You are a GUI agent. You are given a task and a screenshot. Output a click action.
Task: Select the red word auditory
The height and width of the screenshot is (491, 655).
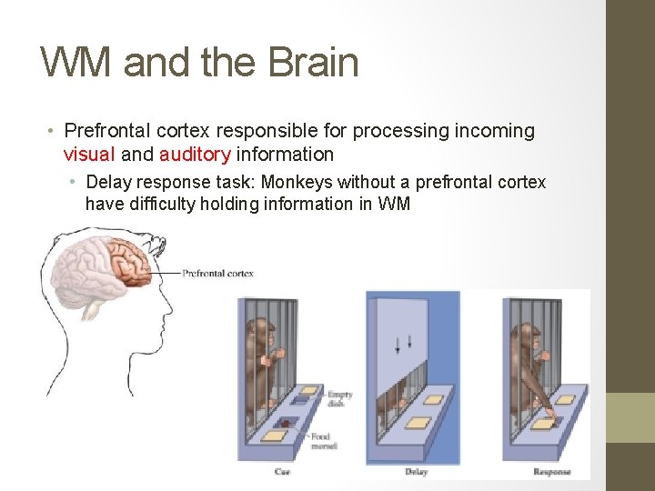pyautogui.click(x=195, y=155)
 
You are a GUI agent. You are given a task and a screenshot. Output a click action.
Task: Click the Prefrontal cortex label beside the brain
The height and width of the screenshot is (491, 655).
pyautogui.click(x=217, y=273)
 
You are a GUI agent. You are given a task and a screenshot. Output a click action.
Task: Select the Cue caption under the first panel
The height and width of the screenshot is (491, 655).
pyautogui.click(x=282, y=471)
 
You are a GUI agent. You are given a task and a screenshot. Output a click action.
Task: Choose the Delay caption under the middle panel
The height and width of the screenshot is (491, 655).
pyautogui.click(x=416, y=471)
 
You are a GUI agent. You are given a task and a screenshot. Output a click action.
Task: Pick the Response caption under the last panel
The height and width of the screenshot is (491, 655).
pyautogui.click(x=552, y=471)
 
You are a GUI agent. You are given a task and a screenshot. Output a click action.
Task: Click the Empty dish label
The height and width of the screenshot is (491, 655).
pyautogui.click(x=339, y=398)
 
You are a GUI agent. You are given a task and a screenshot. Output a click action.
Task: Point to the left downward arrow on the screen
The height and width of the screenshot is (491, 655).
pyautogui.click(x=397, y=344)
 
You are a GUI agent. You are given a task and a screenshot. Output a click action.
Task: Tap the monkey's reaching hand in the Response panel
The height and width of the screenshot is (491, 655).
pyautogui.click(x=548, y=417)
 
